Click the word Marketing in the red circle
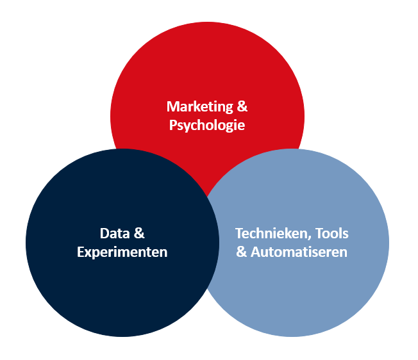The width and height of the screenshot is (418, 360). point(200,107)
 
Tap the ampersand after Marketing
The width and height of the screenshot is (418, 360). point(242,106)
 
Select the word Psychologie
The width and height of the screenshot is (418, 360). point(207,125)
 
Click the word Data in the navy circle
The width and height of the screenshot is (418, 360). point(115,234)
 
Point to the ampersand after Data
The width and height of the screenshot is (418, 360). point(139,233)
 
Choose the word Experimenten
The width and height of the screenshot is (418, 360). point(122,252)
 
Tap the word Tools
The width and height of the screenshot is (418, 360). point(332,234)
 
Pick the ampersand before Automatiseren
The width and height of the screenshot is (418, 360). point(242,252)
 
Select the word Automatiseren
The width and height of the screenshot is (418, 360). point(299,252)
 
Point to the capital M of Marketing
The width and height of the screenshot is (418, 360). point(172,106)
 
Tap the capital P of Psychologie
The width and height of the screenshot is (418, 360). point(173,125)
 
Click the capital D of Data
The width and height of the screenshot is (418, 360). point(104,234)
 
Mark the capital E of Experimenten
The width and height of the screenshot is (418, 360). point(81,252)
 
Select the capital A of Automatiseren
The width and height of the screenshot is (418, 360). point(256,252)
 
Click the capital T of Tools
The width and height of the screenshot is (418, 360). point(320,234)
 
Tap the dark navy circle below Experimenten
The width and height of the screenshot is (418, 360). point(122,295)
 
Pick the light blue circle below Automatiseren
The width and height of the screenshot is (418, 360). point(293,295)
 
